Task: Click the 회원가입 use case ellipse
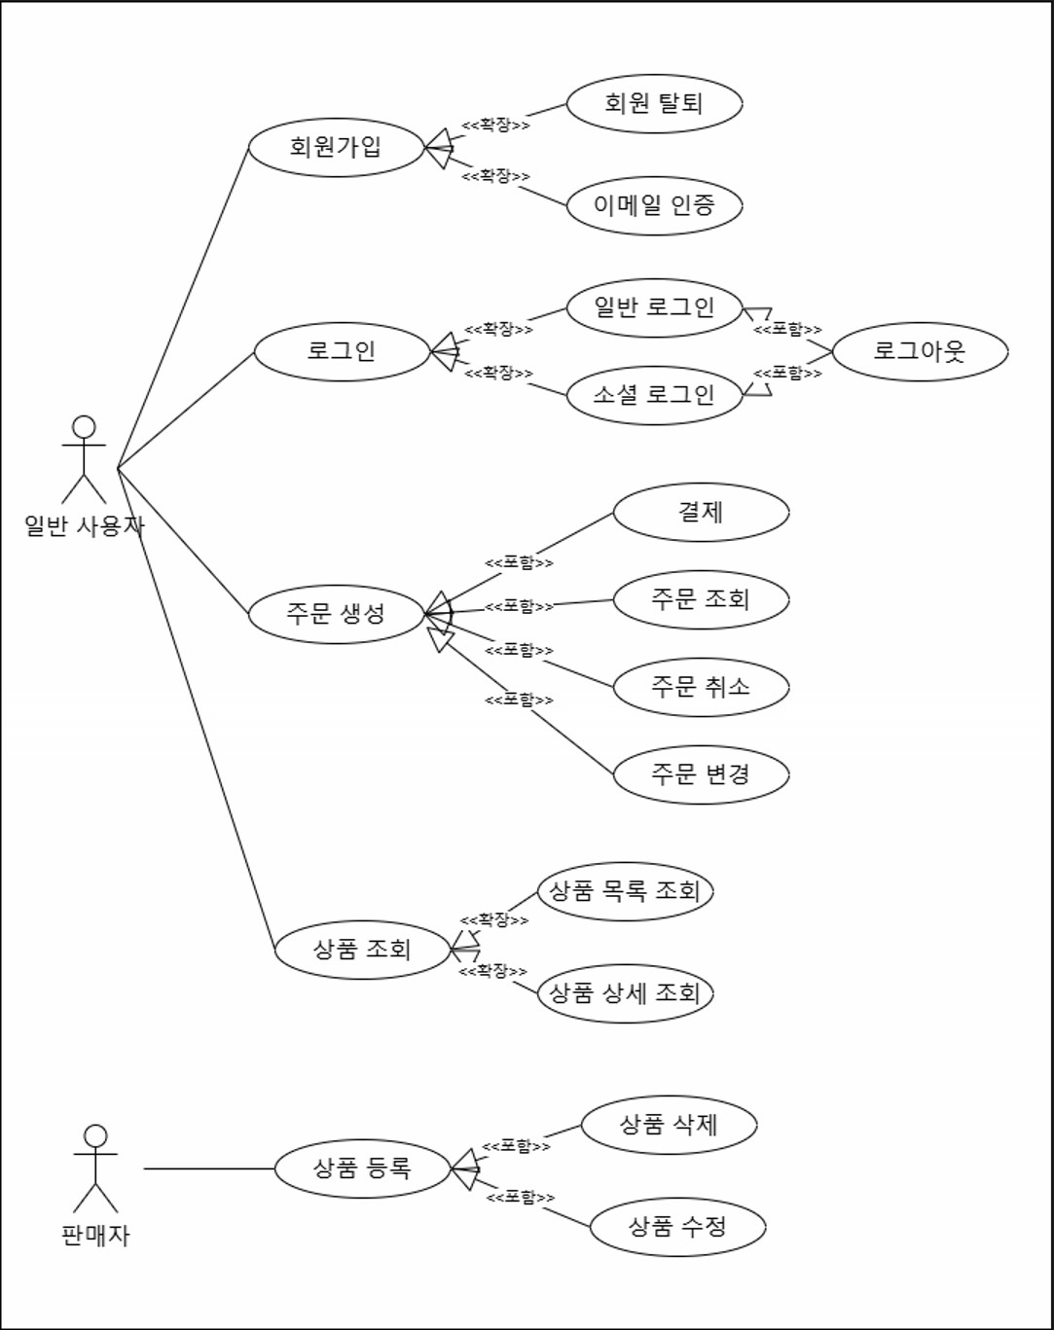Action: (337, 147)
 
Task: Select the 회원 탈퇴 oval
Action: (654, 103)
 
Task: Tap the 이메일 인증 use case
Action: (654, 205)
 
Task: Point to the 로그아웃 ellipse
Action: (920, 351)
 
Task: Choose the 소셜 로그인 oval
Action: (654, 395)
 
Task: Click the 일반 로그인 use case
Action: (654, 307)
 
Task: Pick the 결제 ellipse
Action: (701, 512)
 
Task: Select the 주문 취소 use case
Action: (701, 687)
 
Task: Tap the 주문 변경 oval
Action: (701, 774)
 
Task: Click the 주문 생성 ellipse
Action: (337, 614)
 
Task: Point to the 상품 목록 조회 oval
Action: (625, 891)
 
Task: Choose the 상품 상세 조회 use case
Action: (625, 993)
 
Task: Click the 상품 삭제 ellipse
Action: (669, 1125)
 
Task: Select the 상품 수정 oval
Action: (677, 1227)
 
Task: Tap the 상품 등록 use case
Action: (362, 1168)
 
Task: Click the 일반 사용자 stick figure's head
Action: (85, 427)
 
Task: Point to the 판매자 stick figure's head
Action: (95, 1136)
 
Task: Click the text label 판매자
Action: (95, 1236)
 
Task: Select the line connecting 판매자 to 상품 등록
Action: (209, 1168)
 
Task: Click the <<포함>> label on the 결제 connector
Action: (519, 562)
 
